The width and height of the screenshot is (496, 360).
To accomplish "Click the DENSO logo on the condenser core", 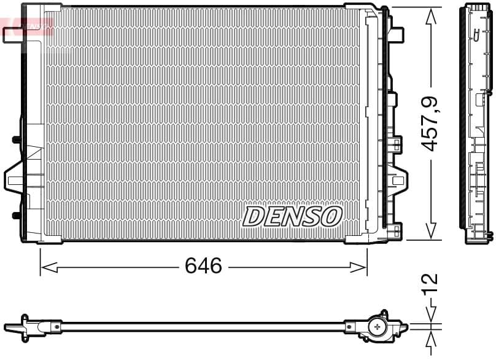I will pos(292,216).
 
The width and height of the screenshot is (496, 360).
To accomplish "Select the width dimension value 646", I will pos(203,266).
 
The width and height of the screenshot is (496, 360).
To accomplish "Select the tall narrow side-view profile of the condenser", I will pos(477,123).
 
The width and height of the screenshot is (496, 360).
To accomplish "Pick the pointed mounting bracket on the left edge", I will pos(14,178).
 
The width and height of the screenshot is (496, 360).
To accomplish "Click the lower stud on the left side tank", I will pos(17,215).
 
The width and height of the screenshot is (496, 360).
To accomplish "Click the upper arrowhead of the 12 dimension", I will pos(432,314).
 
